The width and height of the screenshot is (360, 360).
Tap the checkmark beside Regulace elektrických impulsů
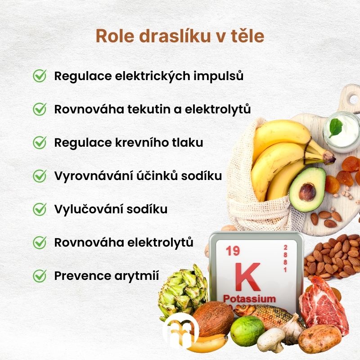point(40,76)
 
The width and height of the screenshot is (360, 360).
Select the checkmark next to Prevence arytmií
point(40,276)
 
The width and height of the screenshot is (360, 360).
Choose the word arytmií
point(137,276)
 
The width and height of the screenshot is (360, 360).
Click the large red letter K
point(248,277)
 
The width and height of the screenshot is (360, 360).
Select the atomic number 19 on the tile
point(233,251)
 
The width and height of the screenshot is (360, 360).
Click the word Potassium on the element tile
point(249,299)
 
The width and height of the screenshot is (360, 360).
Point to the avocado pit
point(307,192)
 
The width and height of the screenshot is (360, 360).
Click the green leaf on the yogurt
point(336,127)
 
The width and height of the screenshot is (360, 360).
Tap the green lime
point(247,331)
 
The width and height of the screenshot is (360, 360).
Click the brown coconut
point(213,319)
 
